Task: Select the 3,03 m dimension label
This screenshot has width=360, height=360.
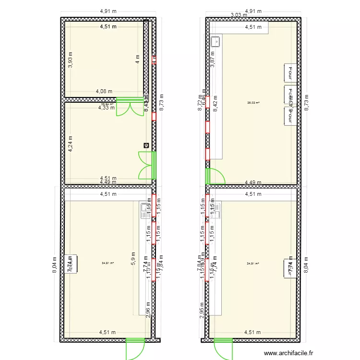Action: [x=239, y=15]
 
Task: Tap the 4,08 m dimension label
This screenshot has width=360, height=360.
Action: [x=104, y=91]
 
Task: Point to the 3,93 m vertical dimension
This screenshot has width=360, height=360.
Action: [x=70, y=60]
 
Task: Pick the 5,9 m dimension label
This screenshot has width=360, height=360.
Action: [x=133, y=259]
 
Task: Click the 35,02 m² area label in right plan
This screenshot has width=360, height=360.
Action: [x=253, y=102]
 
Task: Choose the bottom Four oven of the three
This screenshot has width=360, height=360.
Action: [x=290, y=116]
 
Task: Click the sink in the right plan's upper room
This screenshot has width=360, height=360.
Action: [x=216, y=42]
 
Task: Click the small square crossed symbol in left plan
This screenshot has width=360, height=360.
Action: [x=146, y=145]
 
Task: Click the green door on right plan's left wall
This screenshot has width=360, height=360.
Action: [x=215, y=176]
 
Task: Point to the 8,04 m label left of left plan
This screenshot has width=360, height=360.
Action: [x=55, y=264]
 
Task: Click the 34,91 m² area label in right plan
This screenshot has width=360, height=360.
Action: [x=253, y=263]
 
